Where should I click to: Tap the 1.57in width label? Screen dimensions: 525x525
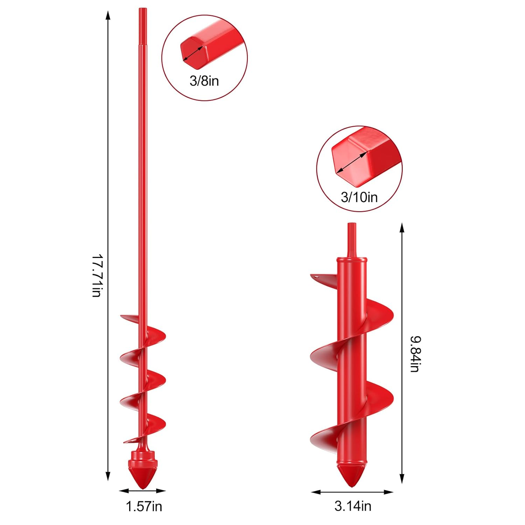coord(144,506)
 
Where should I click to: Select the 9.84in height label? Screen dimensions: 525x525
coord(415,354)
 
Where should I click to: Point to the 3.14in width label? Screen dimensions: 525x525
coord(352,506)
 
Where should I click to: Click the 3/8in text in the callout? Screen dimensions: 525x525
coord(204,81)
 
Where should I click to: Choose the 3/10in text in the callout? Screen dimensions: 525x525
coord(359,197)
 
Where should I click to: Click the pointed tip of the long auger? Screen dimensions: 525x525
coord(142,486)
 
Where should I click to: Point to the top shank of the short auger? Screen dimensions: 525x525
coord(351,240)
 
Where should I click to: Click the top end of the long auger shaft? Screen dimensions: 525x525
coord(142,10)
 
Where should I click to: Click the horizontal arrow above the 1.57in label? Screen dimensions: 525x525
coord(142,491)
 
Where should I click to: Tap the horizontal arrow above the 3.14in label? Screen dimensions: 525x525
coord(352,492)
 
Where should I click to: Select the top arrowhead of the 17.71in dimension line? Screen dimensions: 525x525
coord(108,16)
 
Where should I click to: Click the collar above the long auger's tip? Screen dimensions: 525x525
coord(142,457)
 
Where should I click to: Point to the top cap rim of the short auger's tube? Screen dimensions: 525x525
coord(352,260)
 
